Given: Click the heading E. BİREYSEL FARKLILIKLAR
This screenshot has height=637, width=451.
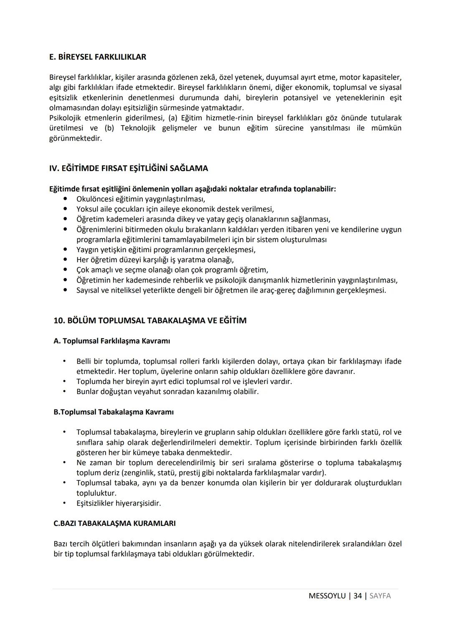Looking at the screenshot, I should point(98,57).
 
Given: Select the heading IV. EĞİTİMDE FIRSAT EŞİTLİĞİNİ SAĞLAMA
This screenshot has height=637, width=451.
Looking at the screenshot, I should point(129,168).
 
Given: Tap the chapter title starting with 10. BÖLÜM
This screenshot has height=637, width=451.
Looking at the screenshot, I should point(150,321).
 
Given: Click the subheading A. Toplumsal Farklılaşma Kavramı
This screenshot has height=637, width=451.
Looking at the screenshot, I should point(112,341).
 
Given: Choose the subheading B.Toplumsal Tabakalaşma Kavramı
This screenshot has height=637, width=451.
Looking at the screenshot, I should point(114,412).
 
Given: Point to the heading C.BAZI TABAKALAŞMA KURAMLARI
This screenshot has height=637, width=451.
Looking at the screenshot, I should point(114,523).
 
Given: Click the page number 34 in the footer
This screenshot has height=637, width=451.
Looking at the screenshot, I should point(357,596).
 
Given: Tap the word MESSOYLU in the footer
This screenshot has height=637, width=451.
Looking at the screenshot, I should point(327,596).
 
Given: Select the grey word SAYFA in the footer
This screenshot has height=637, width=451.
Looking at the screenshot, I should point(380,596).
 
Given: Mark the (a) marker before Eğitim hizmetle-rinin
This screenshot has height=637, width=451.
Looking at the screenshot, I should point(172,118).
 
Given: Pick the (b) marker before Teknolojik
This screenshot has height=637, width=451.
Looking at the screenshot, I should point(109,128).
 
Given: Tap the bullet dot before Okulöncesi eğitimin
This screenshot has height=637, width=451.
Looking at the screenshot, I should point(65,199).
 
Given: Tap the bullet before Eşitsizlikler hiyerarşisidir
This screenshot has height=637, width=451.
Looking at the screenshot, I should point(65,503).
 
